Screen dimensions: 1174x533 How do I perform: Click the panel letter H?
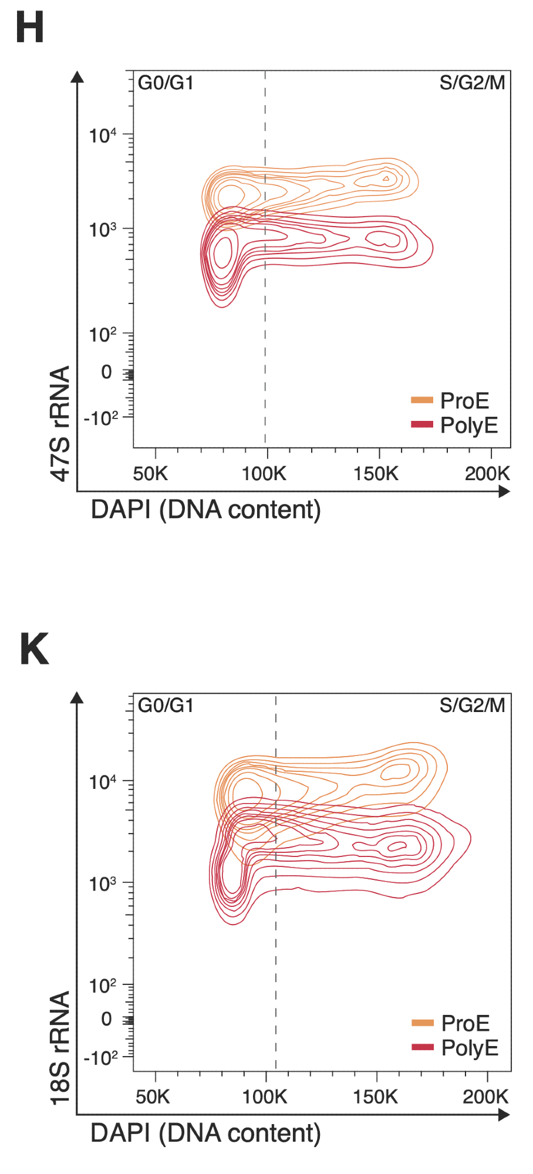[x=29, y=28]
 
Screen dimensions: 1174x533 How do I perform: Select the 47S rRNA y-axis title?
[x=60, y=423]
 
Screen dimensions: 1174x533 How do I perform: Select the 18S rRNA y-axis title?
[x=60, y=1048]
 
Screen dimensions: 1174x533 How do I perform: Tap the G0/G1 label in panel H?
[x=166, y=83]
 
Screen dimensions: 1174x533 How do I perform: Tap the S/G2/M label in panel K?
[x=472, y=705]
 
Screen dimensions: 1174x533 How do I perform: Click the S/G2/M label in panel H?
[x=472, y=83]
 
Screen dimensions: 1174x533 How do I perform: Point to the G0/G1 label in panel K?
[x=166, y=705]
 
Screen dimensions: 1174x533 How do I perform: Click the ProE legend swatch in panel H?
[x=421, y=400]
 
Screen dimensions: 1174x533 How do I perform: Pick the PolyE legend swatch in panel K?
[x=422, y=1047]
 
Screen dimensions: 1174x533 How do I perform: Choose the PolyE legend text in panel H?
[x=469, y=425]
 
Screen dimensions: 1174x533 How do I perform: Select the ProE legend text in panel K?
[x=465, y=1023]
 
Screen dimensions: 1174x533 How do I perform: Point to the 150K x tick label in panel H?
[x=376, y=474]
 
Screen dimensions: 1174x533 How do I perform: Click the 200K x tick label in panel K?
[x=485, y=1097]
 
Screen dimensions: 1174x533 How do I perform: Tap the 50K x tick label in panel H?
[x=150, y=474]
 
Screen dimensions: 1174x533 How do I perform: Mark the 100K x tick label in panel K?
[x=265, y=1097]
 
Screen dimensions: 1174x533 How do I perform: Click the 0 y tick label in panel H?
[x=106, y=372]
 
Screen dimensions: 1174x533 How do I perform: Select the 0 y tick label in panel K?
[x=106, y=1018]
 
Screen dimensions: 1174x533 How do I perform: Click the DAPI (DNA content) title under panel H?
[x=205, y=510]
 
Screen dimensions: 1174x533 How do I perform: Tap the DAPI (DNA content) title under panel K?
[x=205, y=1133]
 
